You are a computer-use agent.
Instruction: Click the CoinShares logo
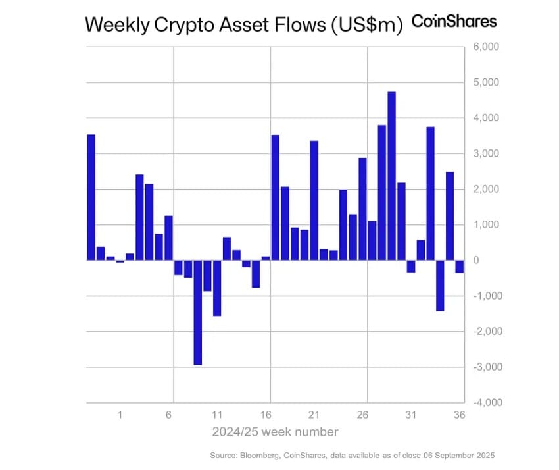click(x=454, y=21)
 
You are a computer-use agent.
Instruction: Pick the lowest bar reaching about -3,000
click(x=197, y=312)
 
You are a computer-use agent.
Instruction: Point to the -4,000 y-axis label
click(x=487, y=402)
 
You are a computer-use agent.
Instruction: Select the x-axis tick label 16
click(x=266, y=416)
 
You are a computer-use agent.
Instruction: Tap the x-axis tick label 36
click(x=460, y=416)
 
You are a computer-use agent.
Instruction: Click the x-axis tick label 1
click(x=120, y=416)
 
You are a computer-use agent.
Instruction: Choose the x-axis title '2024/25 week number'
click(x=275, y=432)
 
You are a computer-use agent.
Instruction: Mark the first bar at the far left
click(x=91, y=197)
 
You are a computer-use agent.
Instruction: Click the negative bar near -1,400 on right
click(x=440, y=285)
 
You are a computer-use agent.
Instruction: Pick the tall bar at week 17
click(x=276, y=197)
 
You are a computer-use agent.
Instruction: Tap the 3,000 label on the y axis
click(x=487, y=153)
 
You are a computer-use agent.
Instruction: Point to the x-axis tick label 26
click(x=362, y=416)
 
